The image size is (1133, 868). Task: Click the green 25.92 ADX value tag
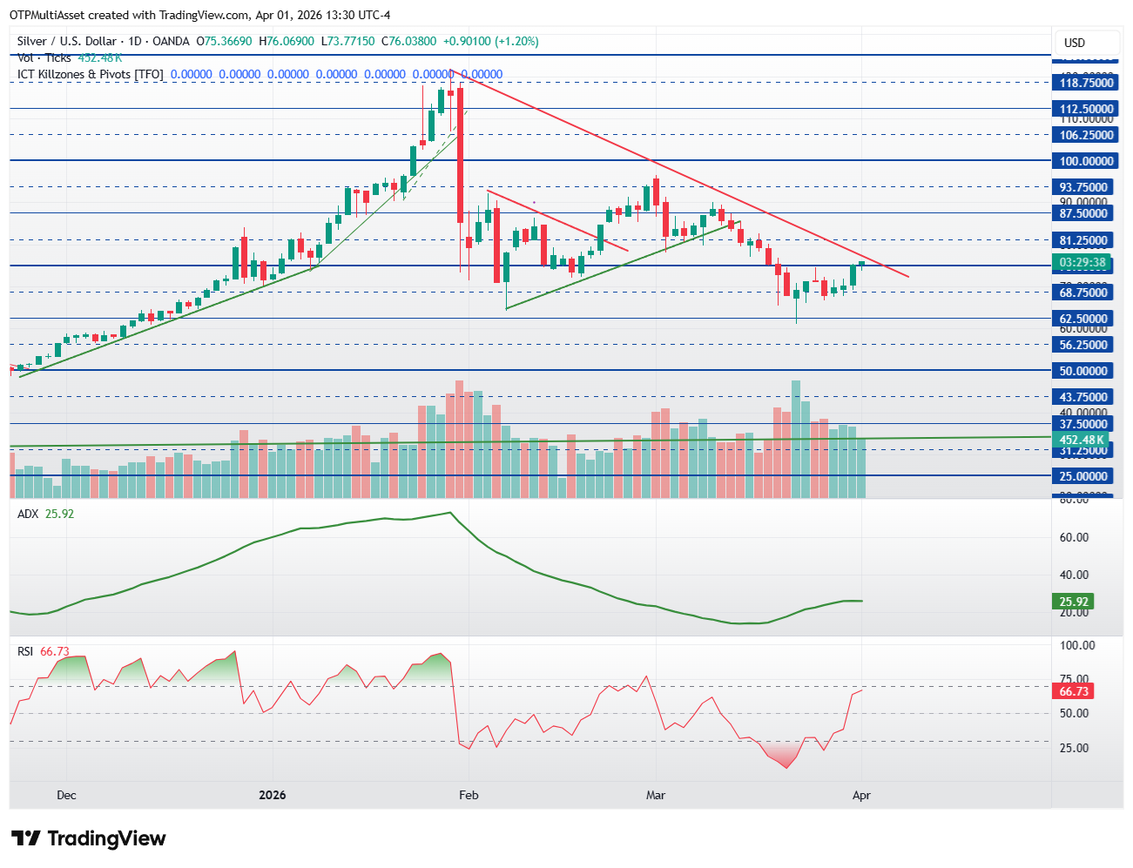pyautogui.click(x=1074, y=602)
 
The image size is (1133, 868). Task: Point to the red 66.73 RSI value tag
pyautogui.click(x=1074, y=691)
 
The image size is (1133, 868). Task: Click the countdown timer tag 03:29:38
pyautogui.click(x=1082, y=263)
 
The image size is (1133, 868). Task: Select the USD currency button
pyautogui.click(x=1075, y=43)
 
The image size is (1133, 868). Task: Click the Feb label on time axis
pyautogui.click(x=469, y=795)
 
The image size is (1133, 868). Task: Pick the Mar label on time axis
pyautogui.click(x=656, y=795)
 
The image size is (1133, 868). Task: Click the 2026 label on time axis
pyautogui.click(x=273, y=795)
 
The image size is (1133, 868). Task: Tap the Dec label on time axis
pyautogui.click(x=66, y=795)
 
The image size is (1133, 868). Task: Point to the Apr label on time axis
pyautogui.click(x=861, y=795)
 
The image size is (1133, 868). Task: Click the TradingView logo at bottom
pyautogui.click(x=89, y=838)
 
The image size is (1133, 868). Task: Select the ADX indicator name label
pyautogui.click(x=28, y=514)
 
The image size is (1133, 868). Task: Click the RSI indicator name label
pyautogui.click(x=26, y=651)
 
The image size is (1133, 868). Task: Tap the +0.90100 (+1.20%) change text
pyautogui.click(x=490, y=41)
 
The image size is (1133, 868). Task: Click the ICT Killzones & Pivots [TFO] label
pyautogui.click(x=91, y=74)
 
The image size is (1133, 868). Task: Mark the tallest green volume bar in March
pyautogui.click(x=795, y=438)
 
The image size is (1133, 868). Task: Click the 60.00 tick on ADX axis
pyautogui.click(x=1074, y=537)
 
